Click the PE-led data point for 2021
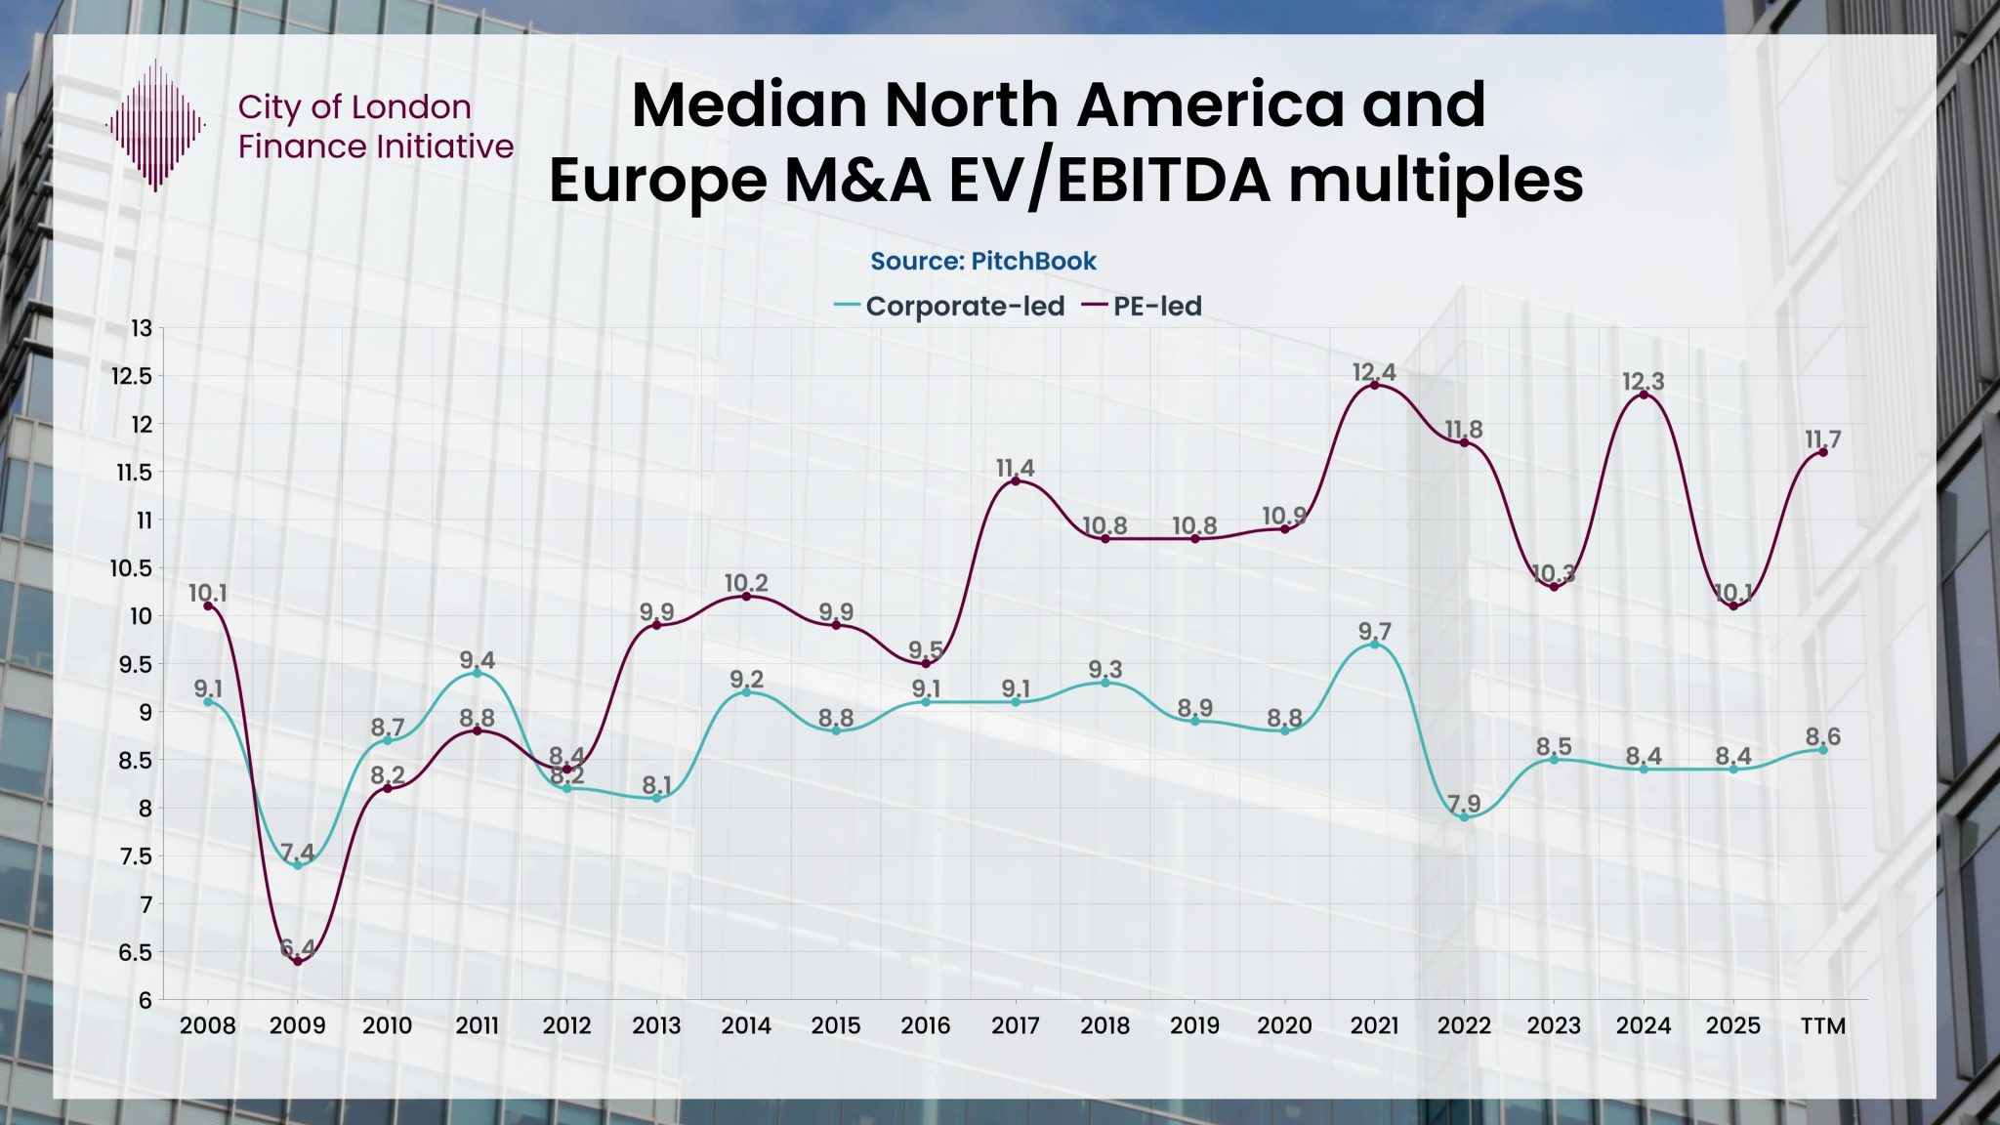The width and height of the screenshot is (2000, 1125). coord(1374,385)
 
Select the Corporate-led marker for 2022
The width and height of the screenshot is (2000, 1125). coord(1464,816)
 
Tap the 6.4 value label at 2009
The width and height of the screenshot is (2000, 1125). coord(298,947)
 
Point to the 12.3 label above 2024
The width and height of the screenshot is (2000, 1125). coord(1644,382)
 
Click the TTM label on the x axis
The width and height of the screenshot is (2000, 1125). coord(1822,1026)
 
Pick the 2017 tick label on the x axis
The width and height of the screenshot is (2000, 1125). coord(1016,1026)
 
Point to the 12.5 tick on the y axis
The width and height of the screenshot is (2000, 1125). coord(133,377)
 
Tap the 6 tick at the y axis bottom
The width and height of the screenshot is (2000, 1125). coord(145,1000)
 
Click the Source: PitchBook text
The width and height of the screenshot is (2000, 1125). coord(983,261)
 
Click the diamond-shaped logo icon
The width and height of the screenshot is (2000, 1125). coord(155,125)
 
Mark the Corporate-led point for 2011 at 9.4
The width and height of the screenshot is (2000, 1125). coord(477,673)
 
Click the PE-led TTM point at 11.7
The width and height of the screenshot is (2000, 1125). coord(1822,452)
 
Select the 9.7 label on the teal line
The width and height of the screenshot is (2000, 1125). coord(1374,631)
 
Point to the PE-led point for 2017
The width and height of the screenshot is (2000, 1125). coord(1016,480)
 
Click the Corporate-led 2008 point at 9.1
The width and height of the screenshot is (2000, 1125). coord(208,701)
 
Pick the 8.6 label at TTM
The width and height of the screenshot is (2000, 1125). coord(1822,736)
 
